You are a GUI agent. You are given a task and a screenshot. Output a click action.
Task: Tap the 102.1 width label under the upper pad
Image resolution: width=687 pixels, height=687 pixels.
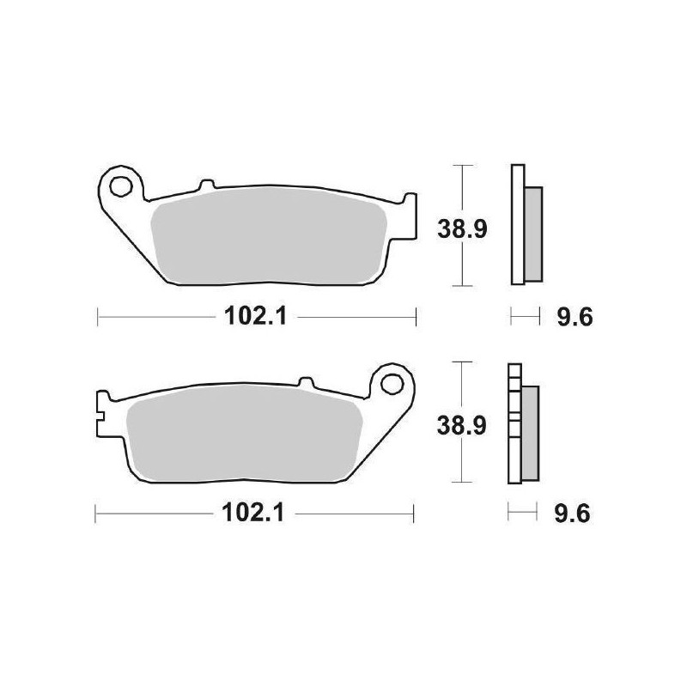point(248,317)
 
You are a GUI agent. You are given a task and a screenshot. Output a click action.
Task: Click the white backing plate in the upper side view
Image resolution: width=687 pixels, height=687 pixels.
point(517,223)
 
